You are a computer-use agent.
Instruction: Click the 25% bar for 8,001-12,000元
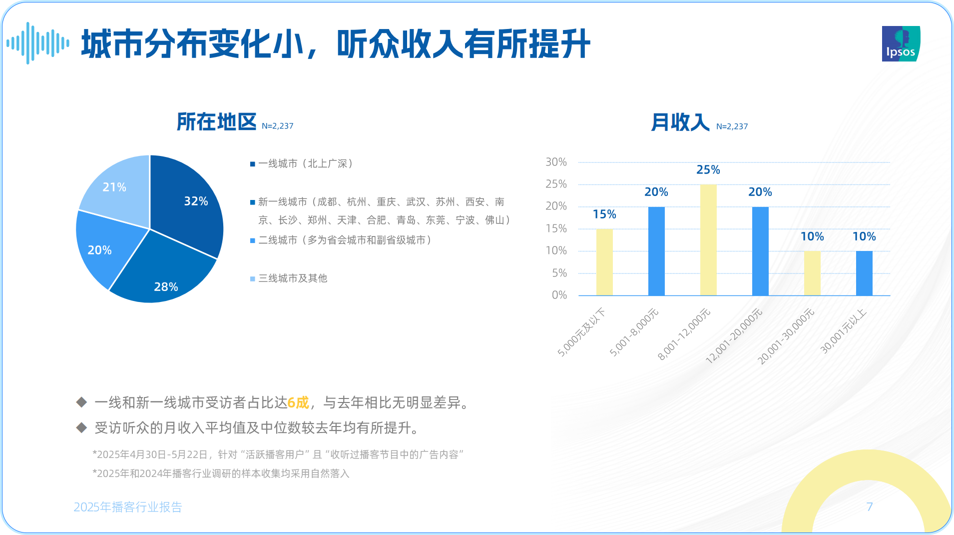(708, 240)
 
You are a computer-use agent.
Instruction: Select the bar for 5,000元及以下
(604, 262)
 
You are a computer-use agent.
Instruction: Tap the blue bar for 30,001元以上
(864, 273)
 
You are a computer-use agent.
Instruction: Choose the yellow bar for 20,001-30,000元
(812, 273)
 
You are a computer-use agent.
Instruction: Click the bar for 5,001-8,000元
(656, 251)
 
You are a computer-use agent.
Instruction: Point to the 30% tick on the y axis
(556, 162)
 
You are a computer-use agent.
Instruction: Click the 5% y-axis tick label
(559, 273)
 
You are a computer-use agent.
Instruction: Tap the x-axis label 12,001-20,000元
(734, 336)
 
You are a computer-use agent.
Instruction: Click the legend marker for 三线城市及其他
(253, 278)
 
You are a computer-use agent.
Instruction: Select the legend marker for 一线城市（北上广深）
(253, 164)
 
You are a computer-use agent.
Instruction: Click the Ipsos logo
(901, 44)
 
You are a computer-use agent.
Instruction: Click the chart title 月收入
(680, 122)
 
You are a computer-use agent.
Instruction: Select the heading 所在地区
(216, 122)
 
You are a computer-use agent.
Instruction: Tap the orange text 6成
(298, 402)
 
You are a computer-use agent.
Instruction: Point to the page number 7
(870, 507)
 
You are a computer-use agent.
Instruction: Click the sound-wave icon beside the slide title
(38, 43)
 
